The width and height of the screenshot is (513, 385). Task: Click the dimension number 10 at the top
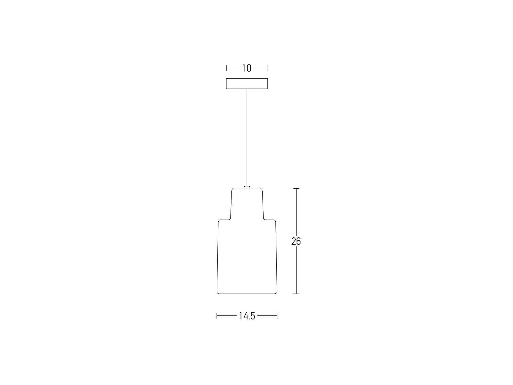[x=247, y=68]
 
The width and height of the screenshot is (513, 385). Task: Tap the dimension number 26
[x=296, y=241]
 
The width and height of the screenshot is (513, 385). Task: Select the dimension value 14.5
[x=247, y=316]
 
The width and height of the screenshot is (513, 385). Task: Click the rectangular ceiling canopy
[x=247, y=84]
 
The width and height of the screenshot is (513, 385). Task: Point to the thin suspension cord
[x=247, y=137]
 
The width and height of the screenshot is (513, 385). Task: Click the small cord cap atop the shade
[x=247, y=187]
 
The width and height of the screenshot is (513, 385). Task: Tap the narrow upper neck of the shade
[x=247, y=203]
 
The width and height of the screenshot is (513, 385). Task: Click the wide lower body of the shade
[x=247, y=257]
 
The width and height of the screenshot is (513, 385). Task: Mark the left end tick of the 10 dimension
[x=226, y=68]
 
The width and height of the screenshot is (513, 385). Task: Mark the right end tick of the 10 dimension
[x=267, y=68]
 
